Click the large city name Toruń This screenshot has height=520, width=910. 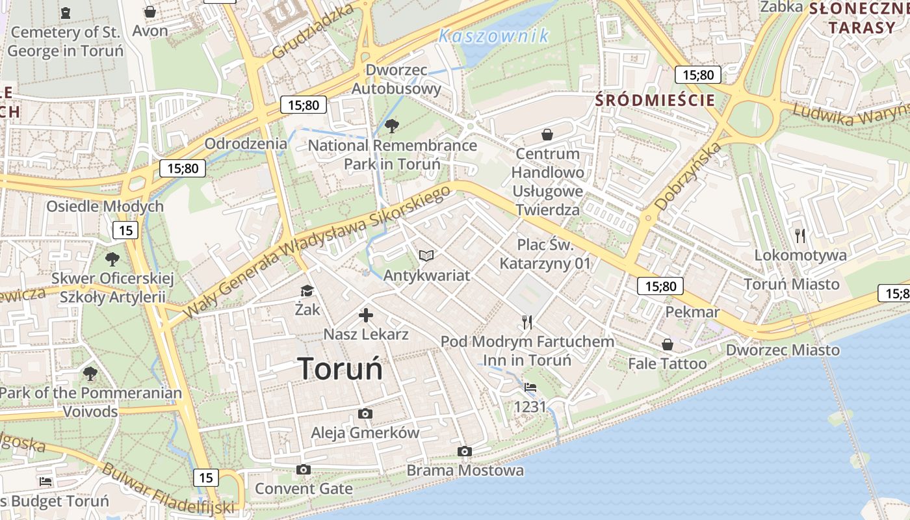coord(341,369)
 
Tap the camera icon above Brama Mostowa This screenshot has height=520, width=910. coord(464,451)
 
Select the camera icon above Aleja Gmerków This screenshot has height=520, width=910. coord(365,413)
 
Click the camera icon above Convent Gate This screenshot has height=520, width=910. coord(304,469)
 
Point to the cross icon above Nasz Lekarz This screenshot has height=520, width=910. coord(366,316)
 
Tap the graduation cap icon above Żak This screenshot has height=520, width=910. coord(307,291)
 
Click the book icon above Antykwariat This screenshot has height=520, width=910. coord(426,256)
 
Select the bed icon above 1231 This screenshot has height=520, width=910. coord(530,387)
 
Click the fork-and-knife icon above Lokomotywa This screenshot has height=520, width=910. coord(800,235)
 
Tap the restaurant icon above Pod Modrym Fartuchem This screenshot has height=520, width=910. coord(527,322)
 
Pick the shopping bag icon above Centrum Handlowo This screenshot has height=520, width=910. coord(547,135)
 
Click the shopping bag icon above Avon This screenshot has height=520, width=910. coord(150,12)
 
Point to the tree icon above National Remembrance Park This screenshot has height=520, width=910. coord(392,125)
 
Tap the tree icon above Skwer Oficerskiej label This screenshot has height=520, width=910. coord(112,259)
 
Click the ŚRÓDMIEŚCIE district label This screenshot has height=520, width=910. coord(655,100)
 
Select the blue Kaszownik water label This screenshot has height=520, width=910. coord(494,36)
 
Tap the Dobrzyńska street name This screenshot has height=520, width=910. coord(688,176)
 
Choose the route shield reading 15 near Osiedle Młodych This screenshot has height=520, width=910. coord(125,229)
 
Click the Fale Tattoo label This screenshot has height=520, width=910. coord(667,363)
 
